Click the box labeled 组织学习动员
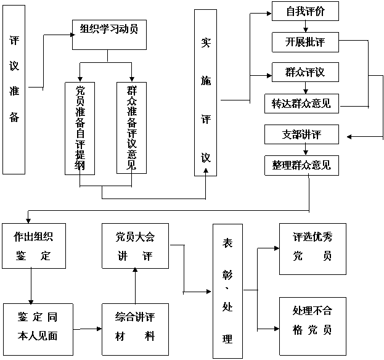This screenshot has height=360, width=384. tap(109, 35)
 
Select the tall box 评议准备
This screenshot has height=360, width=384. tap(14, 89)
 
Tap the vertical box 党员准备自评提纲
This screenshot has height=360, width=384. tap(80, 128)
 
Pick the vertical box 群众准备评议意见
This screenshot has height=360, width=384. tap(131, 128)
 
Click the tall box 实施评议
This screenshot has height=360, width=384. tap(205, 92)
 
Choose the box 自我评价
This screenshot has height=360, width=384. tap(305, 11)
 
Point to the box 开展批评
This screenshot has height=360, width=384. tap(305, 42)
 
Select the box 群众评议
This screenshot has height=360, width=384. tap(305, 72)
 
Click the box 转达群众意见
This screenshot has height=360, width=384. tap(302, 104)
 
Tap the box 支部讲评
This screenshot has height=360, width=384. tap(302, 134)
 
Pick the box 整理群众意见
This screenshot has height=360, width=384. tap(302, 165)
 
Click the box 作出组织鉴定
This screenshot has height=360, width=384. tap(34, 246)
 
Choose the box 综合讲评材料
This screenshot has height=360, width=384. tap(135, 329)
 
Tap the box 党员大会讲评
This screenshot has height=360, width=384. tap(135, 246)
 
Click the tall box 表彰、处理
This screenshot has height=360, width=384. tap(228, 291)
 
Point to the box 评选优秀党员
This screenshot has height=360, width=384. tap(313, 249)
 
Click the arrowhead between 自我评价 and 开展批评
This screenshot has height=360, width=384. tap(305, 30)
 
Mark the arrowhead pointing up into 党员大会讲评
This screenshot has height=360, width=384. tap(135, 270)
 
